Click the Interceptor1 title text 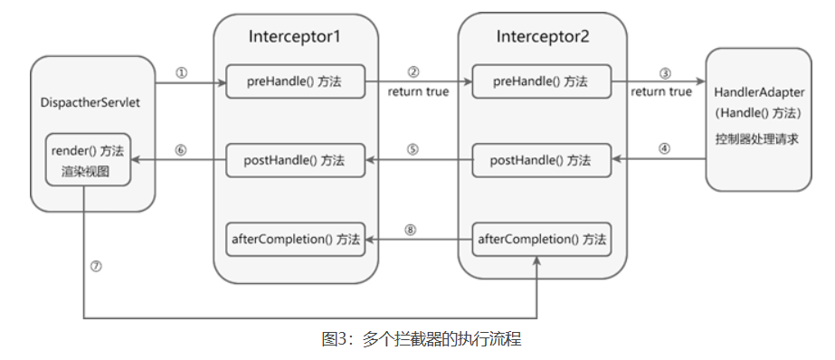pos(294,37)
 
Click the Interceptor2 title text pos(541,37)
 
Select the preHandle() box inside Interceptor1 pos(295,81)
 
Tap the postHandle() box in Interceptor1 pos(295,160)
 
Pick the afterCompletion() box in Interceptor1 pos(295,240)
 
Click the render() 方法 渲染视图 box pos(90,160)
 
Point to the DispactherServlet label pos(90,102)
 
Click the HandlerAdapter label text pos(759,93)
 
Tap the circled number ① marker pos(181,73)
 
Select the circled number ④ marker pos(665,150)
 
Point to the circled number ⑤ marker pos(413,150)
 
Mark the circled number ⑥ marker pos(181,150)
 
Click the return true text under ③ pos(660,91)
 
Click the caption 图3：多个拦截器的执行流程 pos(422,340)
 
